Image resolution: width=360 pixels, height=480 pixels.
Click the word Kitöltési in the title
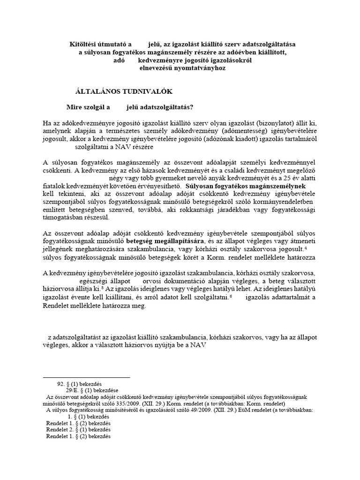(81, 44)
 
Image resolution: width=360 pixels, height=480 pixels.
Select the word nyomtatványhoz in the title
(202, 68)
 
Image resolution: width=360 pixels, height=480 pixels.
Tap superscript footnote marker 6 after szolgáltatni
(231, 297)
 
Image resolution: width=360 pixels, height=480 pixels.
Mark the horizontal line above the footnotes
(86, 377)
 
